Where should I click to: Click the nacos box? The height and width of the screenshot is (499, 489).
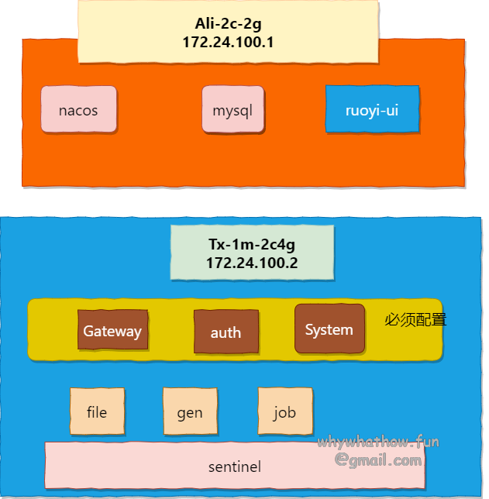[78, 109]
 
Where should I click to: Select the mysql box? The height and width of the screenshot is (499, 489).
[232, 109]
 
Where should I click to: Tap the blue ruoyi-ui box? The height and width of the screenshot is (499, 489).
[372, 109]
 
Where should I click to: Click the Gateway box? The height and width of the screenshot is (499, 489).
[112, 330]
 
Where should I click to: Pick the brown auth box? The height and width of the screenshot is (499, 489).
[226, 332]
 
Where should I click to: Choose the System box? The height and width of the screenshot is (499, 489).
[329, 329]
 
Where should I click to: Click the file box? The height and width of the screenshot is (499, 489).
[97, 411]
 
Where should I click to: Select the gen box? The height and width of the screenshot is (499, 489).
[190, 411]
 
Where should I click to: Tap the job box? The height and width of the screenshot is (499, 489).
[284, 411]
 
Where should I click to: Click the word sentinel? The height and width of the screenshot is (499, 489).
[234, 467]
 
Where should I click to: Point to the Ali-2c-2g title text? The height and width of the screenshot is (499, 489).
[228, 24]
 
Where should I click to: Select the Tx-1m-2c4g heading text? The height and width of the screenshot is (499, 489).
[252, 245]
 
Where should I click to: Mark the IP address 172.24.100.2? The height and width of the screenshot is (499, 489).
[252, 263]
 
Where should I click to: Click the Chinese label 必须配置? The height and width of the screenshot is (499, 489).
[415, 319]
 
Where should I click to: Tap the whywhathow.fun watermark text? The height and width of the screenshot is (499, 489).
[377, 442]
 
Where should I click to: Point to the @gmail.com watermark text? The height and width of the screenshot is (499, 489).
[378, 460]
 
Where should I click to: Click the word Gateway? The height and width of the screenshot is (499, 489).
[112, 332]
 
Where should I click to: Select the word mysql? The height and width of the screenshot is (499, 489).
[232, 110]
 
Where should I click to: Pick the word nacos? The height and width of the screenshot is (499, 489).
[78, 110]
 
